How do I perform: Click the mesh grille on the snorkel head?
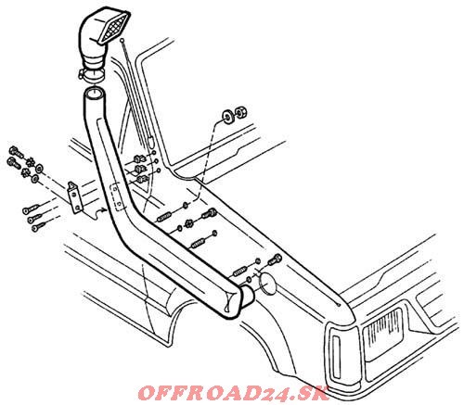point(114,28)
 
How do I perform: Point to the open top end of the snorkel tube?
point(94,93)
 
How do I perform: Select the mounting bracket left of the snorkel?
point(75,196)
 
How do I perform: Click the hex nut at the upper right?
point(240,112)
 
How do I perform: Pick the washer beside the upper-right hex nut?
point(228,117)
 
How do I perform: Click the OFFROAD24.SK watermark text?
point(233,393)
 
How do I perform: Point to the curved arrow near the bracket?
point(100,211)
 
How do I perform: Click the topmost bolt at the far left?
point(16,151)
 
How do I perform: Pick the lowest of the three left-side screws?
point(40,228)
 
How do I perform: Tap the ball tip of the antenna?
point(122,40)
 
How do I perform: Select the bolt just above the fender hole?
point(275,259)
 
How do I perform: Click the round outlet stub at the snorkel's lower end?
point(248,295)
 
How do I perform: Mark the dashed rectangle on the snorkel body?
point(117,196)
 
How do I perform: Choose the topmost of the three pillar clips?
point(138,159)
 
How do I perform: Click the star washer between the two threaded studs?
point(188,224)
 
